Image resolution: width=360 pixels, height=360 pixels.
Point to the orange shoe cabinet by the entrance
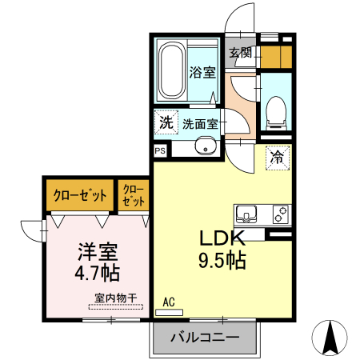point(276,56)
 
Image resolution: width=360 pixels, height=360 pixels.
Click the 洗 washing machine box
point(165,123)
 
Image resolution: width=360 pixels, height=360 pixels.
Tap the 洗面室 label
point(200,124)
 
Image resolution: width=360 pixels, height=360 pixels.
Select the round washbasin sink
point(206,147)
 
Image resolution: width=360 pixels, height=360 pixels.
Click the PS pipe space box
point(160,150)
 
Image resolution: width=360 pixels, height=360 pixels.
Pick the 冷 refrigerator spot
point(277,158)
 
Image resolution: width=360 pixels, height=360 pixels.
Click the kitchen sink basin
point(246,214)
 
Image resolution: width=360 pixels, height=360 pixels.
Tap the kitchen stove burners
point(280,214)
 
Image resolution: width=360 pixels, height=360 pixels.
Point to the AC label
point(169,302)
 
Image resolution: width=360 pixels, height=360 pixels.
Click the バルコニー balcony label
point(204,338)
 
